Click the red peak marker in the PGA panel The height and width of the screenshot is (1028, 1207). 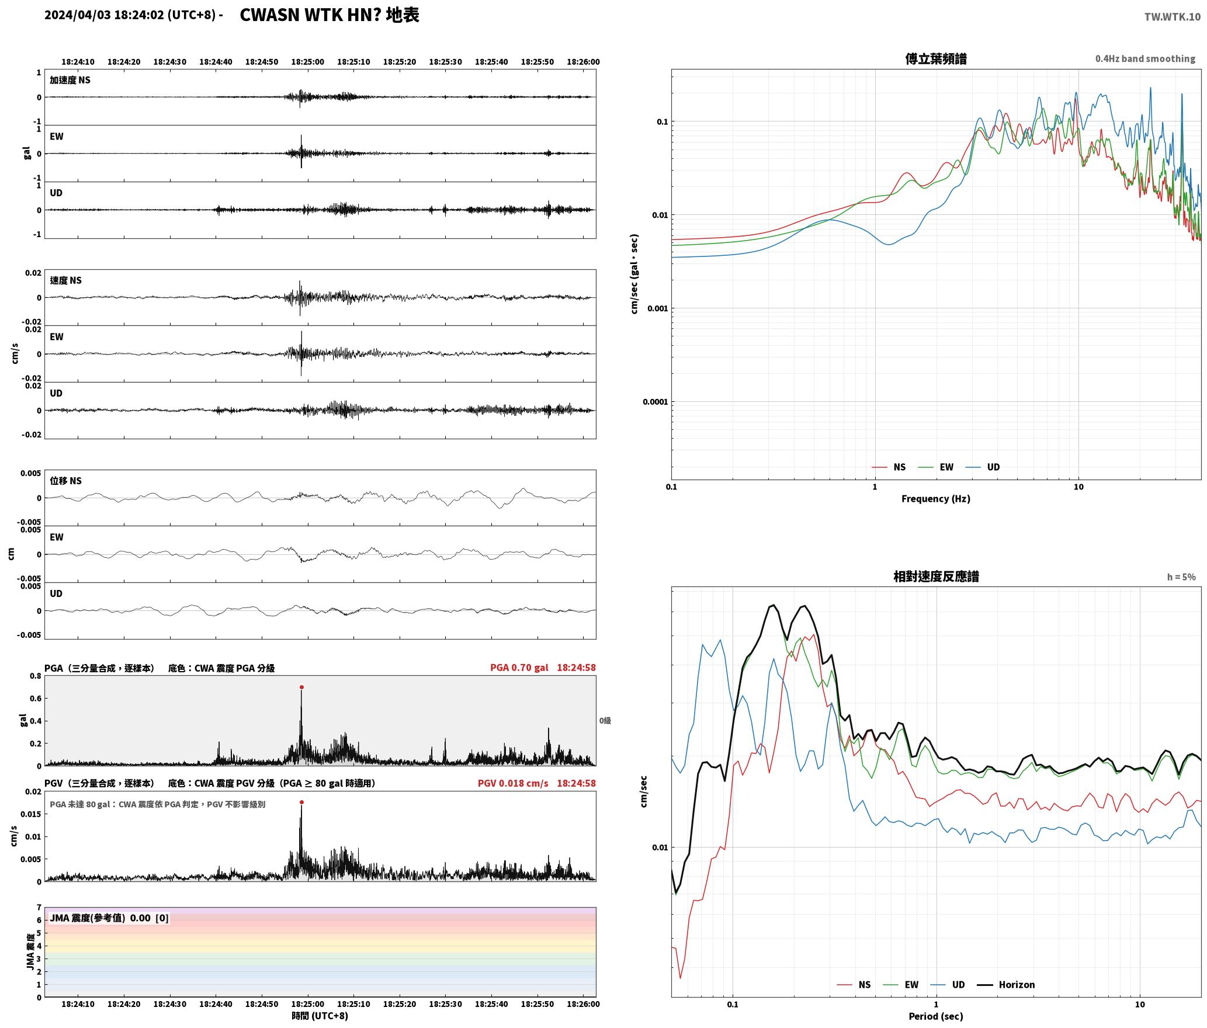(x=301, y=687)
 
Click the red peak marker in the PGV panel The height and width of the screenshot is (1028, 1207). (x=301, y=803)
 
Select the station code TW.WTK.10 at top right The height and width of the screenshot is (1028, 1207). (x=1173, y=16)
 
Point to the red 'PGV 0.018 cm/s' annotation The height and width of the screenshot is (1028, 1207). (x=513, y=783)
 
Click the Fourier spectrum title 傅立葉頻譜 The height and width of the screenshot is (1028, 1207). (x=936, y=58)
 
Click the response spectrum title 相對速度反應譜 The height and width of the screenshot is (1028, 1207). (x=936, y=576)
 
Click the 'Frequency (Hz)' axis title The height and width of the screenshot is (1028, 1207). (x=936, y=499)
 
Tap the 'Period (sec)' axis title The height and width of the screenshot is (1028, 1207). (x=936, y=1016)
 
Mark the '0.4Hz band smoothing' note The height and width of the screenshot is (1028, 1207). (x=1145, y=59)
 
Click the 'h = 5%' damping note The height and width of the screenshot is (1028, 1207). (x=1181, y=577)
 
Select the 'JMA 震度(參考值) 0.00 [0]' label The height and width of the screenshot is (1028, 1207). (x=109, y=918)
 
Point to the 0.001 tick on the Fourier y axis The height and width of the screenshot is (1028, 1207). (x=657, y=308)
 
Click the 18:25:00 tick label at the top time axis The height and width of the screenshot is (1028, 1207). (x=307, y=62)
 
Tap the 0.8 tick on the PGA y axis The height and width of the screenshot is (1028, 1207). (x=35, y=676)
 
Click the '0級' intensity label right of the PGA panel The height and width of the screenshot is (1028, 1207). (x=605, y=721)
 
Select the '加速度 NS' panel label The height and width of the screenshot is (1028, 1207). (x=70, y=81)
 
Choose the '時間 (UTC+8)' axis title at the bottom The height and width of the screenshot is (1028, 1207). (x=320, y=1016)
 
